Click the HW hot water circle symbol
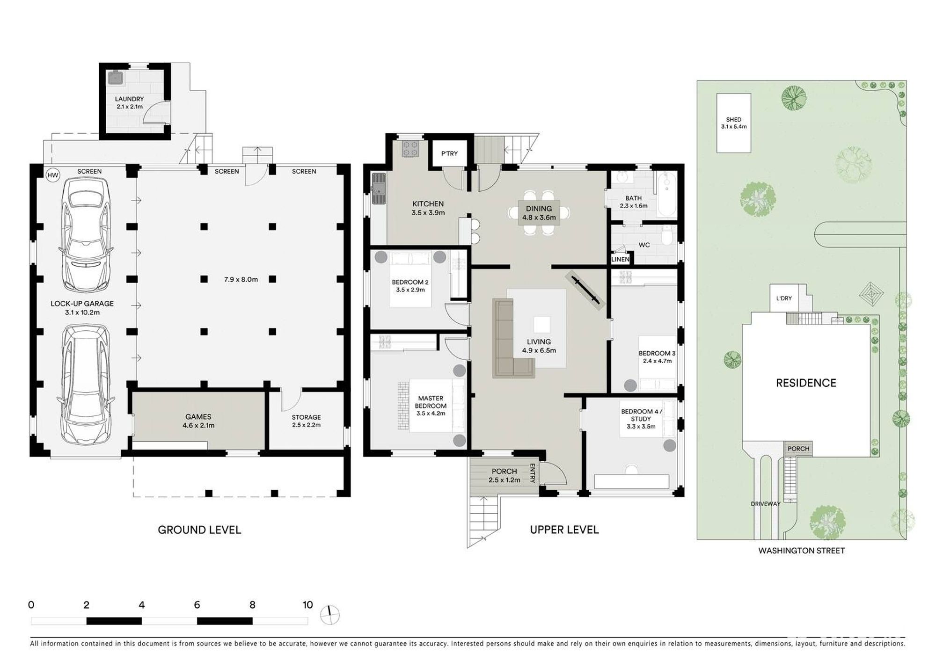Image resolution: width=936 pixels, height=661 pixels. tap(53, 175)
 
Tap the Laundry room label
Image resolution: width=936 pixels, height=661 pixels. tap(130, 102)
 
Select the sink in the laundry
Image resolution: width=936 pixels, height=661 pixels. tap(115, 77)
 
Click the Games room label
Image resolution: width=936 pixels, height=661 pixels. tap(198, 421)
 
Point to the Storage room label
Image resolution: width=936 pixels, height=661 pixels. tap(307, 421)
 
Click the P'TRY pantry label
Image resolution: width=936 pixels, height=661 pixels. tap(450, 153)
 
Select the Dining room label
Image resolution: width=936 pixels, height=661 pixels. tap(539, 213)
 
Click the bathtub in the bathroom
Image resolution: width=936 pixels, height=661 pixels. tap(666, 194)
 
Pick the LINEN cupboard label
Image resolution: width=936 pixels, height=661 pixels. tap(621, 259)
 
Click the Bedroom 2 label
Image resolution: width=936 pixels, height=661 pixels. tap(410, 286)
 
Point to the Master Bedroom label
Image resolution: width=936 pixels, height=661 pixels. tap(431, 406)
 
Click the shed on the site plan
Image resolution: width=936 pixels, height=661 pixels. tap(734, 123)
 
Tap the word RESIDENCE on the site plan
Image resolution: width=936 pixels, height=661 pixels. tap(806, 383)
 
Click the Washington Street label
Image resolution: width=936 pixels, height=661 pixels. tap(802, 551)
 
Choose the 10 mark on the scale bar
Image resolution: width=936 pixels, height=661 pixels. tap(307, 605)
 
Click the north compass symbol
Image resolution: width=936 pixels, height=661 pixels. tap(330, 615)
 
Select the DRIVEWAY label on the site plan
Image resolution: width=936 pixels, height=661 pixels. tap(766, 504)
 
